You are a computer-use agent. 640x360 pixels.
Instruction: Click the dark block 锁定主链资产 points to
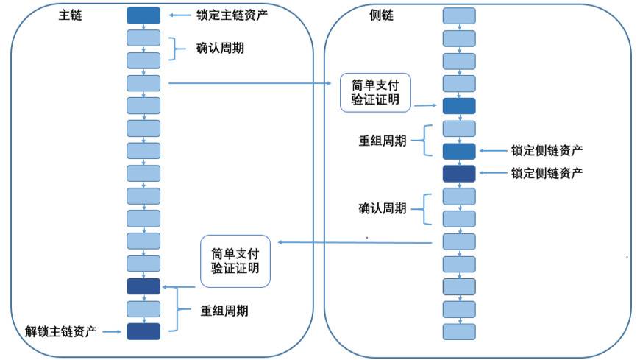143,15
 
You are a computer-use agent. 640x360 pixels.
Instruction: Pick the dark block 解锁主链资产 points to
143,331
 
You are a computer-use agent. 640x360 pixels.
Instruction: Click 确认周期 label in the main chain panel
221,49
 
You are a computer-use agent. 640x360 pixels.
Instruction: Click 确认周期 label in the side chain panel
382,208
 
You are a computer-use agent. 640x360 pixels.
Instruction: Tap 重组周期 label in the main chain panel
224,310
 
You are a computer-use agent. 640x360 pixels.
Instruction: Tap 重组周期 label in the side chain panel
382,141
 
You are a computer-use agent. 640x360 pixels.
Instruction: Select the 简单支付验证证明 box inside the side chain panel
375,93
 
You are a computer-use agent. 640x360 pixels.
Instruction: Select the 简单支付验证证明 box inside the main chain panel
235,261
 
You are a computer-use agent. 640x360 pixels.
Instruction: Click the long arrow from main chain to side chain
250,83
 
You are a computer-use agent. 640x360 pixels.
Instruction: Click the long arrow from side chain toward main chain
353,242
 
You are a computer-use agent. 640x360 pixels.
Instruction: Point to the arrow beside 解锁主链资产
112,332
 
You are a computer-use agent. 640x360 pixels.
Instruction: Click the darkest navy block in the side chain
459,174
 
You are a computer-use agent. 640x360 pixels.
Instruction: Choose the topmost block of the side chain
459,15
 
